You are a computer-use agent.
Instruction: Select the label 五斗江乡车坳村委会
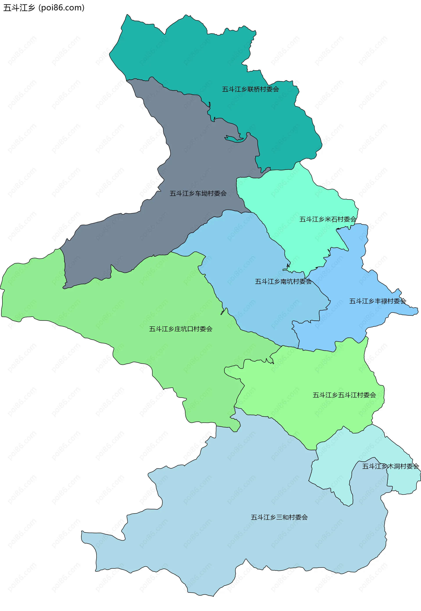[198, 194]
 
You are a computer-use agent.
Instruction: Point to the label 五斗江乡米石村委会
[328, 219]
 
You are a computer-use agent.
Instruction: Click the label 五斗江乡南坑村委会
[283, 282]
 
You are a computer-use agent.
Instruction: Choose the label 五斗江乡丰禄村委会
[378, 301]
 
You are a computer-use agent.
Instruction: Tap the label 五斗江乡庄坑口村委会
[180, 329]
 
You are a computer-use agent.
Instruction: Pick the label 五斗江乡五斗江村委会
[344, 395]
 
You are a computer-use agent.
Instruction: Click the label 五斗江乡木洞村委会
[390, 466]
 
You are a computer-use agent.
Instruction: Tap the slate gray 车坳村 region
[132, 238]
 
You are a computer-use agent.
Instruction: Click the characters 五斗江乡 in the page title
[19, 8]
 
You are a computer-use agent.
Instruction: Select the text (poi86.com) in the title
[61, 8]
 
